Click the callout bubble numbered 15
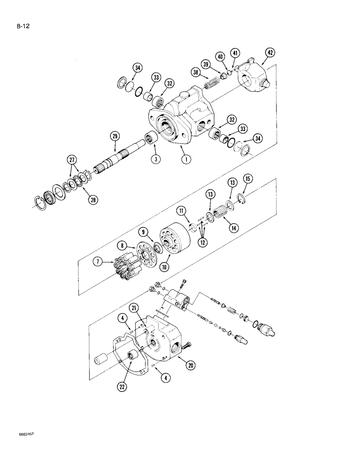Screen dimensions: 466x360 click(247, 178)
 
